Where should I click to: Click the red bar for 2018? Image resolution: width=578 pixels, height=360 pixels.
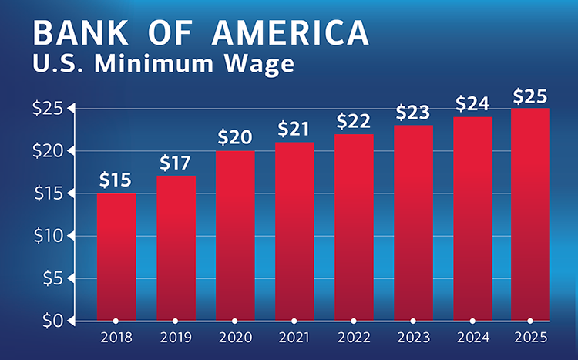[x=116, y=256]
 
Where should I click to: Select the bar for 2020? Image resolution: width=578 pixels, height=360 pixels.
[x=235, y=235]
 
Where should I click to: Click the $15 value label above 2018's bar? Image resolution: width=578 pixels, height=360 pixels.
[x=116, y=180]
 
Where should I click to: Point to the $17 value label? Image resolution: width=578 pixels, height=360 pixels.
[x=176, y=163]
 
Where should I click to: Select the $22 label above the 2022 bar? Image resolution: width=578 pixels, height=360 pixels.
[x=354, y=121]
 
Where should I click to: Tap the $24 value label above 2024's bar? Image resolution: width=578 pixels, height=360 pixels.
[x=472, y=103]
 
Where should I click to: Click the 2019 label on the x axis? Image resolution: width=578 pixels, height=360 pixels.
[x=176, y=338]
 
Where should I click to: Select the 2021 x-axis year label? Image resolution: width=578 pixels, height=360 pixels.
[x=294, y=338]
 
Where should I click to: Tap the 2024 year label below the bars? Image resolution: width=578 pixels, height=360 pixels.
[x=472, y=338]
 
